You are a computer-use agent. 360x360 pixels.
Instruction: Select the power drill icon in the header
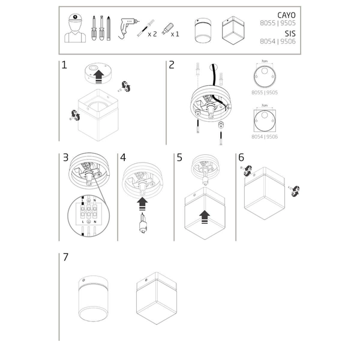[x=128, y=27]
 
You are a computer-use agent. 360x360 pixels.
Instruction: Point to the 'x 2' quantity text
[x=152, y=35]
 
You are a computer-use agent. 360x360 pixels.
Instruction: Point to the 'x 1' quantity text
[x=175, y=35]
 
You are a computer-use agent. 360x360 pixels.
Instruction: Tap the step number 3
[x=65, y=158]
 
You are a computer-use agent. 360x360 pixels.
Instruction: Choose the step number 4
[x=123, y=158]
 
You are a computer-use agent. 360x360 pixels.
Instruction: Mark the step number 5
[x=179, y=158]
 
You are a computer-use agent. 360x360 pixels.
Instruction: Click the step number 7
[x=65, y=257]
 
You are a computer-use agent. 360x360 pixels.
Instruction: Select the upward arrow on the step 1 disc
[x=98, y=75]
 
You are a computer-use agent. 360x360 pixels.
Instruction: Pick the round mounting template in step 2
[x=265, y=79]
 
